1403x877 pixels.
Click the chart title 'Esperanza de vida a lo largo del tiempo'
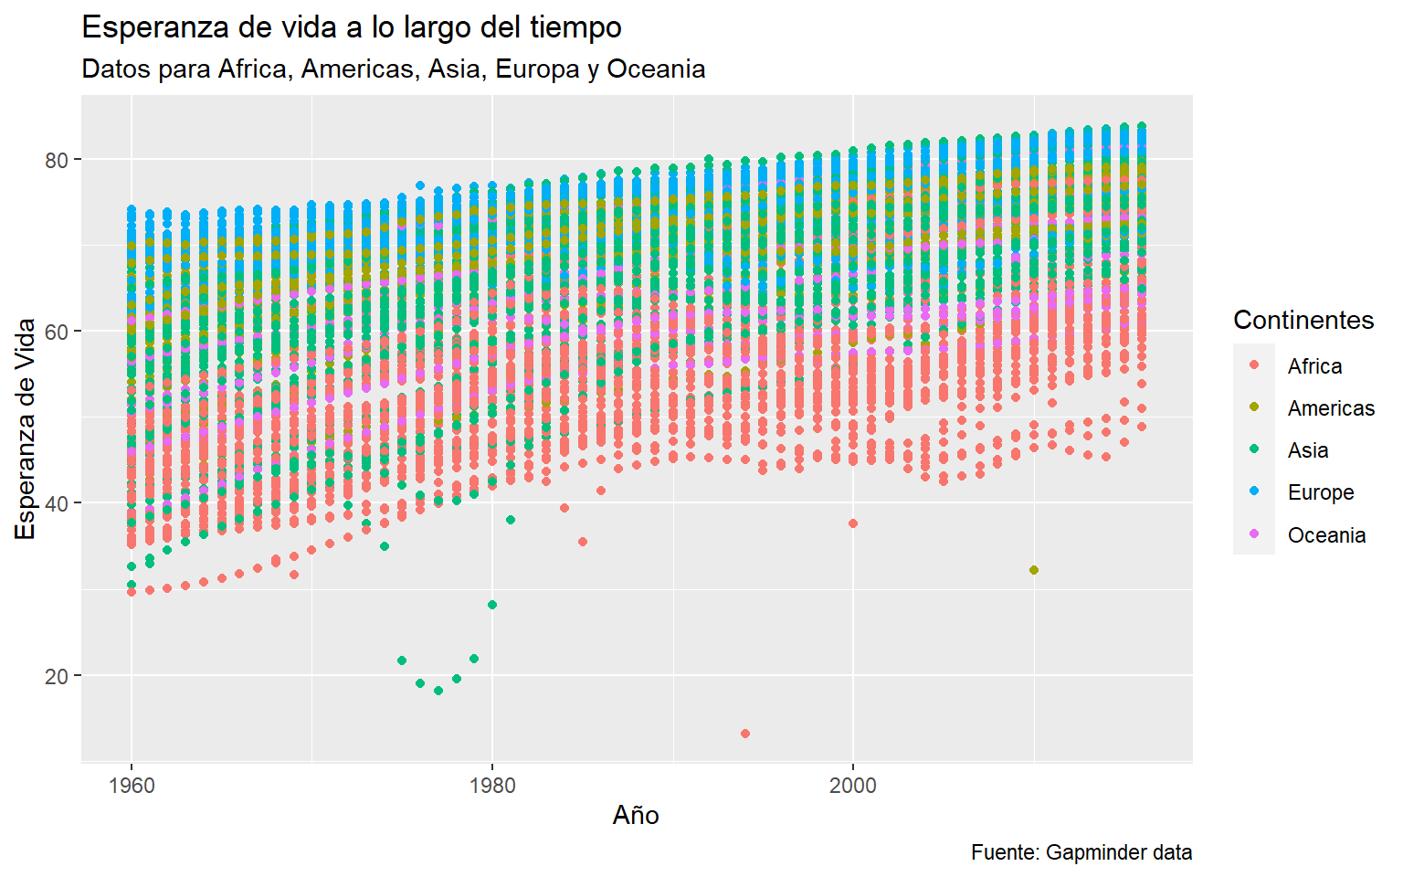tap(352, 28)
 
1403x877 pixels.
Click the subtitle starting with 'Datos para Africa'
tap(393, 69)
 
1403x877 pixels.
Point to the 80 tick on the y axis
tap(57, 160)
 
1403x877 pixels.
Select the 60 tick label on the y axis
tap(57, 332)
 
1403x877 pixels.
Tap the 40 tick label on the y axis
tap(57, 503)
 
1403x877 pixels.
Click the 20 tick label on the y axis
tap(57, 676)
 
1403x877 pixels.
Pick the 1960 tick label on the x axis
tap(132, 786)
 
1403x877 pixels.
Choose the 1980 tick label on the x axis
tap(492, 786)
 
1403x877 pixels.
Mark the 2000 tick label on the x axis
tap(853, 786)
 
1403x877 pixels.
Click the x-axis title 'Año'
tap(636, 815)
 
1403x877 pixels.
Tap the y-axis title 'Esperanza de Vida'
tap(26, 428)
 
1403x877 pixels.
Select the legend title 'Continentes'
tap(1303, 320)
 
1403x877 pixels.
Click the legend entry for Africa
tap(1314, 366)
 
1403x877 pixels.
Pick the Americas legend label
tap(1331, 408)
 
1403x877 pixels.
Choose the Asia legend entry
tap(1308, 450)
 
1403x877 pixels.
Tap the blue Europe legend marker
tap(1254, 492)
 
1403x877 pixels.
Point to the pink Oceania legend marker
tap(1254, 534)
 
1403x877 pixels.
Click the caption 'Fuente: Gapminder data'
tap(1081, 852)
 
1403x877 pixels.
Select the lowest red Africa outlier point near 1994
tap(745, 734)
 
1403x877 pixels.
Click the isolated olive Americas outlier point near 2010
tap(1034, 570)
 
